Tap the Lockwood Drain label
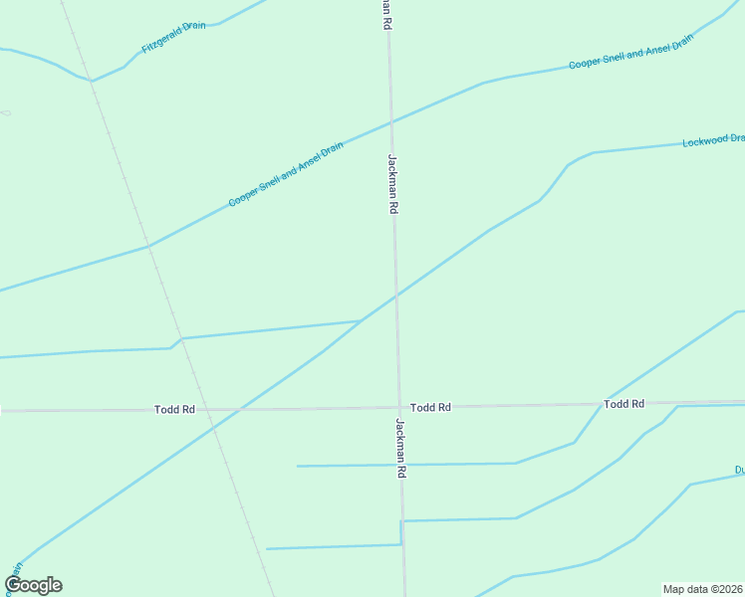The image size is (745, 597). (713, 140)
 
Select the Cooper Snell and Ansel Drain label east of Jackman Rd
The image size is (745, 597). (629, 54)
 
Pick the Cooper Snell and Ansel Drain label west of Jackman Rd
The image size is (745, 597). (286, 174)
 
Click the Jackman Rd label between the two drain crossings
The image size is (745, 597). (392, 184)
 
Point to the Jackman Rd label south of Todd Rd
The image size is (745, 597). (400, 450)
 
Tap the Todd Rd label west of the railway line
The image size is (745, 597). (174, 409)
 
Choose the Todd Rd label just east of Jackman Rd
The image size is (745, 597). (430, 407)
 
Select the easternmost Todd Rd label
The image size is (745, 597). (624, 403)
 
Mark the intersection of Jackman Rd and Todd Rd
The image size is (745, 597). (398, 407)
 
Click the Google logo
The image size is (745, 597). (33, 585)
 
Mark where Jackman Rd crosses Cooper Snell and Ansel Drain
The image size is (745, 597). (390, 121)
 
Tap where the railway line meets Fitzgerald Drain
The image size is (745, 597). (92, 80)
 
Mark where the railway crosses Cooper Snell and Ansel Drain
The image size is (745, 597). (148, 244)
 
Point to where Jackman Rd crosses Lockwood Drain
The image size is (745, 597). (395, 296)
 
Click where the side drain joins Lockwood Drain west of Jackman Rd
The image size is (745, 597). (360, 321)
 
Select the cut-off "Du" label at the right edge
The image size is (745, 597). (739, 470)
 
